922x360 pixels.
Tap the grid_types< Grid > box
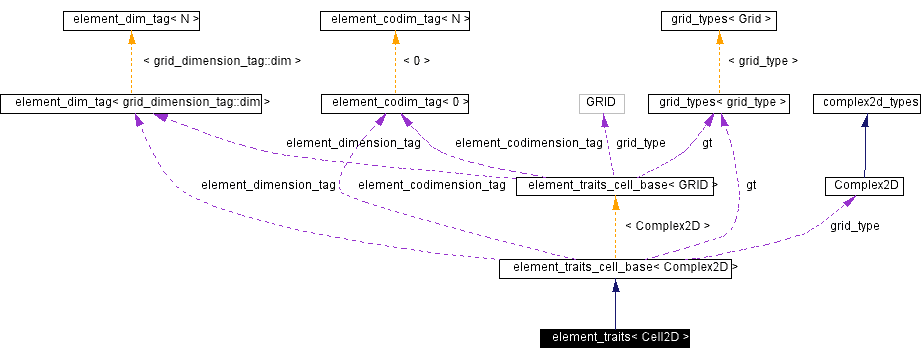[717, 19]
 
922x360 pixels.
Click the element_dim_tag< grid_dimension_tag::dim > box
[136, 102]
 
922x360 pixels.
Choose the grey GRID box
[601, 102]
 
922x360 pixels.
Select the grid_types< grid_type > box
[718, 102]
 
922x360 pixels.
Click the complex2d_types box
[865, 102]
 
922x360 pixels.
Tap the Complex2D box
[865, 185]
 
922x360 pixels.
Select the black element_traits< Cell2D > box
[615, 337]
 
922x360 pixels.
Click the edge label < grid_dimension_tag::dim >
[222, 61]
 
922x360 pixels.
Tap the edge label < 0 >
[416, 61]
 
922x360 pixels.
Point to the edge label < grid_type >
[762, 61]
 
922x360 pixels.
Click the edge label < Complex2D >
[667, 226]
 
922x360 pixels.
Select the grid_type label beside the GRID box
[640, 143]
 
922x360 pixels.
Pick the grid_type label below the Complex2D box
[854, 226]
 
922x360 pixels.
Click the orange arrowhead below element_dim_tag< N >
[132, 37]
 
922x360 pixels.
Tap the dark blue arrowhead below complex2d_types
[865, 120]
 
